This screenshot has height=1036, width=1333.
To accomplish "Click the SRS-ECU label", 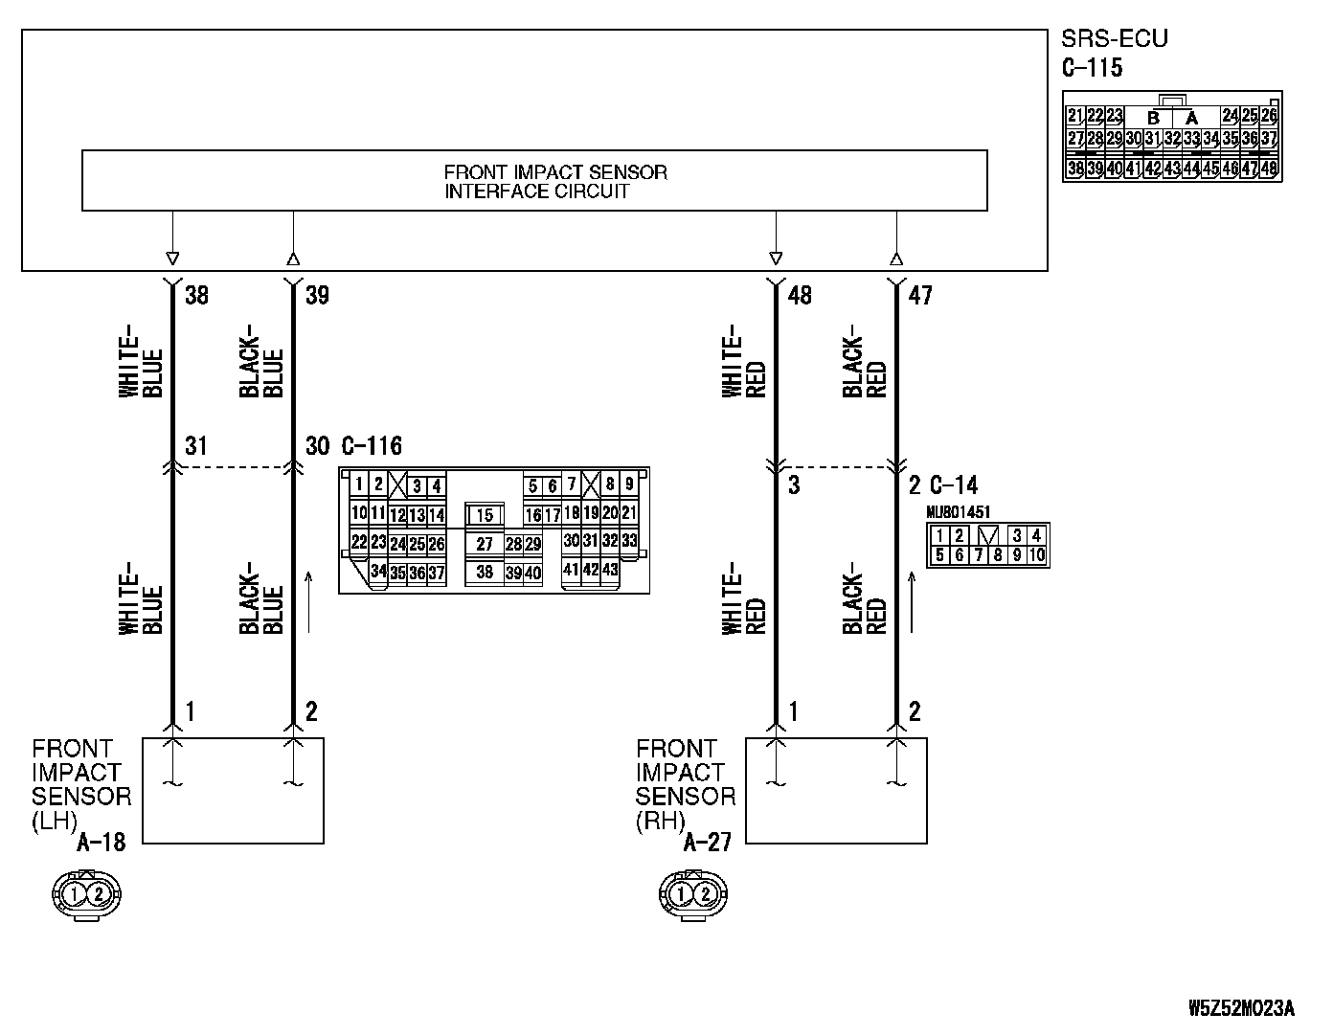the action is [x=1114, y=38].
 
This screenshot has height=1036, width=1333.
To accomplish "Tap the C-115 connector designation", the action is [x=1092, y=67].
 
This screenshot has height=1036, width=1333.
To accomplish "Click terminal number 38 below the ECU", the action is [x=197, y=295].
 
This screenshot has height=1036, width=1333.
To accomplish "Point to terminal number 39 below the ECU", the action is [x=317, y=295].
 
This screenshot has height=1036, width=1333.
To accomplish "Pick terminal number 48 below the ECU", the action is [x=800, y=295].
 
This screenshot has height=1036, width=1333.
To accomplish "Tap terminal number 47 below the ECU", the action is [x=920, y=295].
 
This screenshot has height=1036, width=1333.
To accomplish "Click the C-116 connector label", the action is [x=372, y=446].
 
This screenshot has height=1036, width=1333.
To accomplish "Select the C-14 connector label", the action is [x=954, y=485].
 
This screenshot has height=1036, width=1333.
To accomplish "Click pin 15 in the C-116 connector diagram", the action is [x=485, y=514].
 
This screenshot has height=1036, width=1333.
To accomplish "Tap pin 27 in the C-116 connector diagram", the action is [x=485, y=544].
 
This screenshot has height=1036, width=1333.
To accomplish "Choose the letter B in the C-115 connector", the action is [x=1153, y=118].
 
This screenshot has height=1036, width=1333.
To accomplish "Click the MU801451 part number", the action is [x=959, y=512].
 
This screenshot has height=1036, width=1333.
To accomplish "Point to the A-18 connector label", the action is [x=102, y=843].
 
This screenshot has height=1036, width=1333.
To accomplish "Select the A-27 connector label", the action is [x=708, y=843].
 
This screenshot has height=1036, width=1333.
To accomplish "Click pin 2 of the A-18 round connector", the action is [x=98, y=894].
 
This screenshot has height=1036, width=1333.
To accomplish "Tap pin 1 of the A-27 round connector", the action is [x=680, y=894].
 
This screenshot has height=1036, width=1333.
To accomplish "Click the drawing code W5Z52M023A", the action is [x=1242, y=1008].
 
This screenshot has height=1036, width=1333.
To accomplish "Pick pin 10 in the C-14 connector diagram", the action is [x=1036, y=555].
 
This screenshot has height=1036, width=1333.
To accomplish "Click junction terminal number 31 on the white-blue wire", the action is [x=196, y=446].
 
